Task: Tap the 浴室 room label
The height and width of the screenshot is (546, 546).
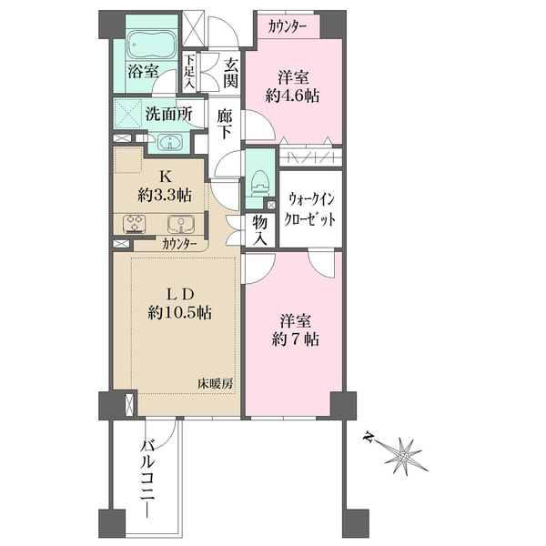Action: (x=143, y=71)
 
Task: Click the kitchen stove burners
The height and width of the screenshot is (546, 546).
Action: (x=135, y=223)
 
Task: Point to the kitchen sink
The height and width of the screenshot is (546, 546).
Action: (x=181, y=224)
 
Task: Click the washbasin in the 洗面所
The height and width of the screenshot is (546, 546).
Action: (x=169, y=143)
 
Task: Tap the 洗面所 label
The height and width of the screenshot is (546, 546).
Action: (x=168, y=114)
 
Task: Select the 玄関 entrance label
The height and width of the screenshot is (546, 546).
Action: (x=231, y=74)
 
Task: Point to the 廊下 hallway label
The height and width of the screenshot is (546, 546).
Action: (x=224, y=124)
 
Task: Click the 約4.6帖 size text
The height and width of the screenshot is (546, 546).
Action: (x=293, y=96)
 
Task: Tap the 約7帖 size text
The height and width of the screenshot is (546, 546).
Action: (x=295, y=339)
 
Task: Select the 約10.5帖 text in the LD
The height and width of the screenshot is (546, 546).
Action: (x=180, y=313)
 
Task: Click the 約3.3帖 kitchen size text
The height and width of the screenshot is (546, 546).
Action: (x=165, y=196)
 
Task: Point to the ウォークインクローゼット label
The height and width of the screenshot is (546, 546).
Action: (x=310, y=209)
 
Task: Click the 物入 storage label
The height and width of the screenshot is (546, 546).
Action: (x=260, y=230)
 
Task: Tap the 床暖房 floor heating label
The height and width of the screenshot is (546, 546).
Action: (x=215, y=384)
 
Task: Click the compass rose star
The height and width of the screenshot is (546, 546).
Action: (x=403, y=456)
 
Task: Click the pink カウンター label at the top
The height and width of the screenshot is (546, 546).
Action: (x=288, y=26)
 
